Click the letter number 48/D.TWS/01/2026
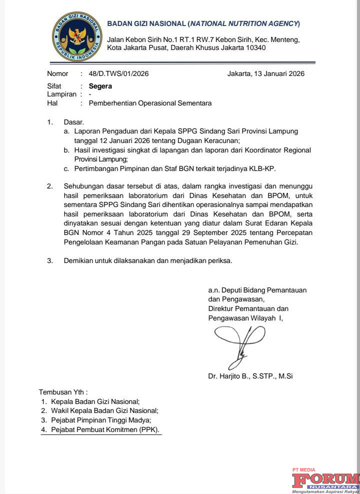(118, 74)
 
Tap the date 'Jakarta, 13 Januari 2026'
(265, 74)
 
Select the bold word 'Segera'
(100, 86)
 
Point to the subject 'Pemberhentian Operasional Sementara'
(150, 103)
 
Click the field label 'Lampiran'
(61, 94)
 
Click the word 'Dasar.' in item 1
(74, 122)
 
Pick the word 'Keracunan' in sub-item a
(222, 140)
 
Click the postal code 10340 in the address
(254, 48)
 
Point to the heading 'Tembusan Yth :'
(63, 392)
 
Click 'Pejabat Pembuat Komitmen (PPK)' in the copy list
(106, 429)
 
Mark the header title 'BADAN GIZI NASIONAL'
(146, 24)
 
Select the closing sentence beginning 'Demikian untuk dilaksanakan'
(148, 260)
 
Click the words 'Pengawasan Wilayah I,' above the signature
(245, 318)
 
